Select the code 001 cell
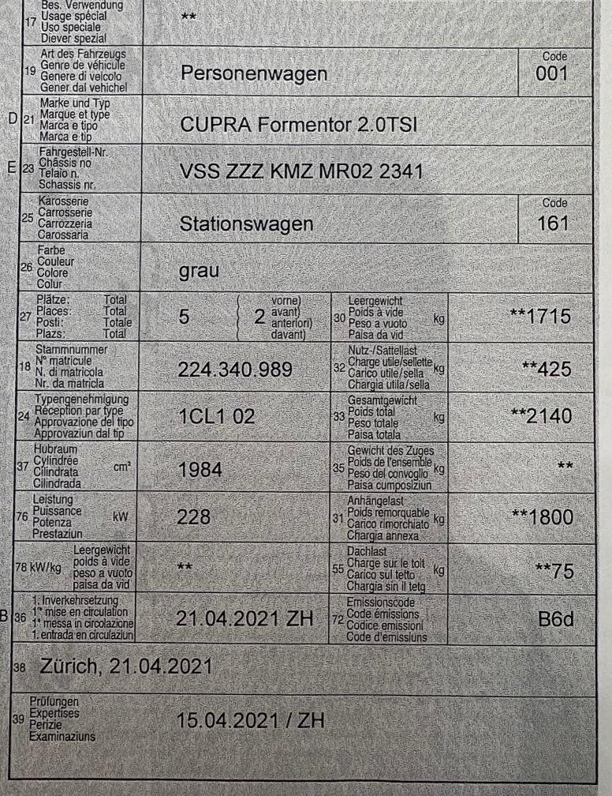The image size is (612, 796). [551, 75]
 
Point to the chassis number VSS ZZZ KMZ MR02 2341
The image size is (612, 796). [298, 171]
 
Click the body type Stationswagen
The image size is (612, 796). [246, 224]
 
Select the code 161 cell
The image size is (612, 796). [551, 223]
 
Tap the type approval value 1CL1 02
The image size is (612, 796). [217, 418]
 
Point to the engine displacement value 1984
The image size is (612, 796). [200, 470]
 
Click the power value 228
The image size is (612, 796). [195, 517]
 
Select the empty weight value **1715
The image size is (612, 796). [539, 317]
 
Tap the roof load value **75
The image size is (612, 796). [551, 572]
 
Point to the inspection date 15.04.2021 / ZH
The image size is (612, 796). [251, 720]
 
